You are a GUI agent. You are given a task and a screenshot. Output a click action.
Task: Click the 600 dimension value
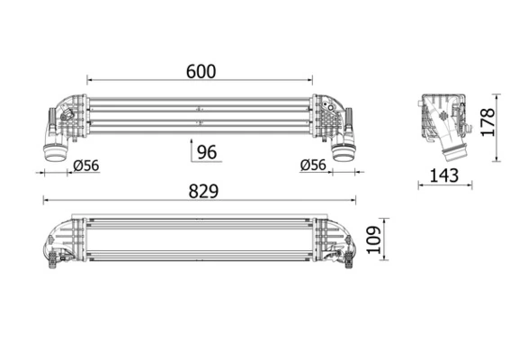click(x=200, y=72)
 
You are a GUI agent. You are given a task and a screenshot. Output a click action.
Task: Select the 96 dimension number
click(x=207, y=151)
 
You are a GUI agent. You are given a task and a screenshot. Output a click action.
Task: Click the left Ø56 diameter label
click(x=85, y=165)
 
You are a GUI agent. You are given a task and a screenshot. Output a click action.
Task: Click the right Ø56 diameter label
click(x=312, y=165)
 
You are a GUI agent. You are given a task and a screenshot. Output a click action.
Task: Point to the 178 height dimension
click(x=487, y=122)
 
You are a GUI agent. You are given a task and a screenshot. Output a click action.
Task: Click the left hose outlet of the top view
click(x=54, y=151)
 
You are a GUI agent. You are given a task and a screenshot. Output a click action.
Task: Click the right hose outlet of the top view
click(x=344, y=151)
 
